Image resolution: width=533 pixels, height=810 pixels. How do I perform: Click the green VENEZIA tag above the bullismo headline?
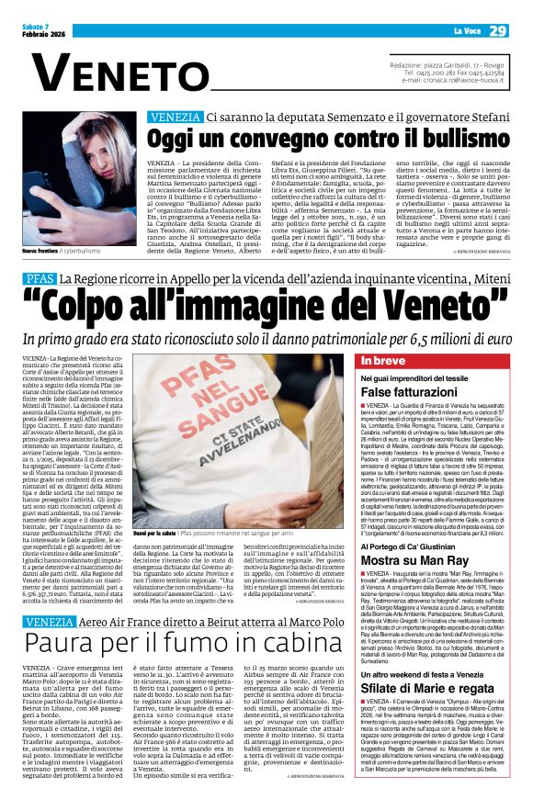pos(175,118)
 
